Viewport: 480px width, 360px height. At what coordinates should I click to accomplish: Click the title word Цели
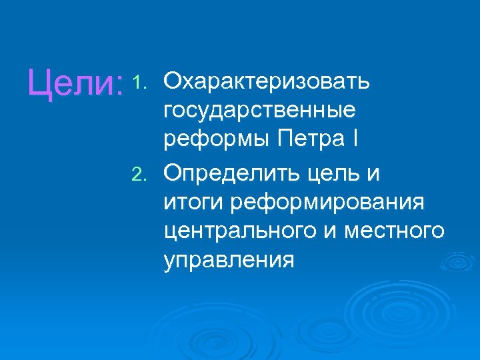[70, 85]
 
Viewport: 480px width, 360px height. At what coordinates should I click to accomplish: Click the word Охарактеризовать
[267, 82]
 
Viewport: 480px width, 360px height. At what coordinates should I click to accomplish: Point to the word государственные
[259, 111]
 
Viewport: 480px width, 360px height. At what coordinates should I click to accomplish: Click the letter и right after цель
[373, 175]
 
